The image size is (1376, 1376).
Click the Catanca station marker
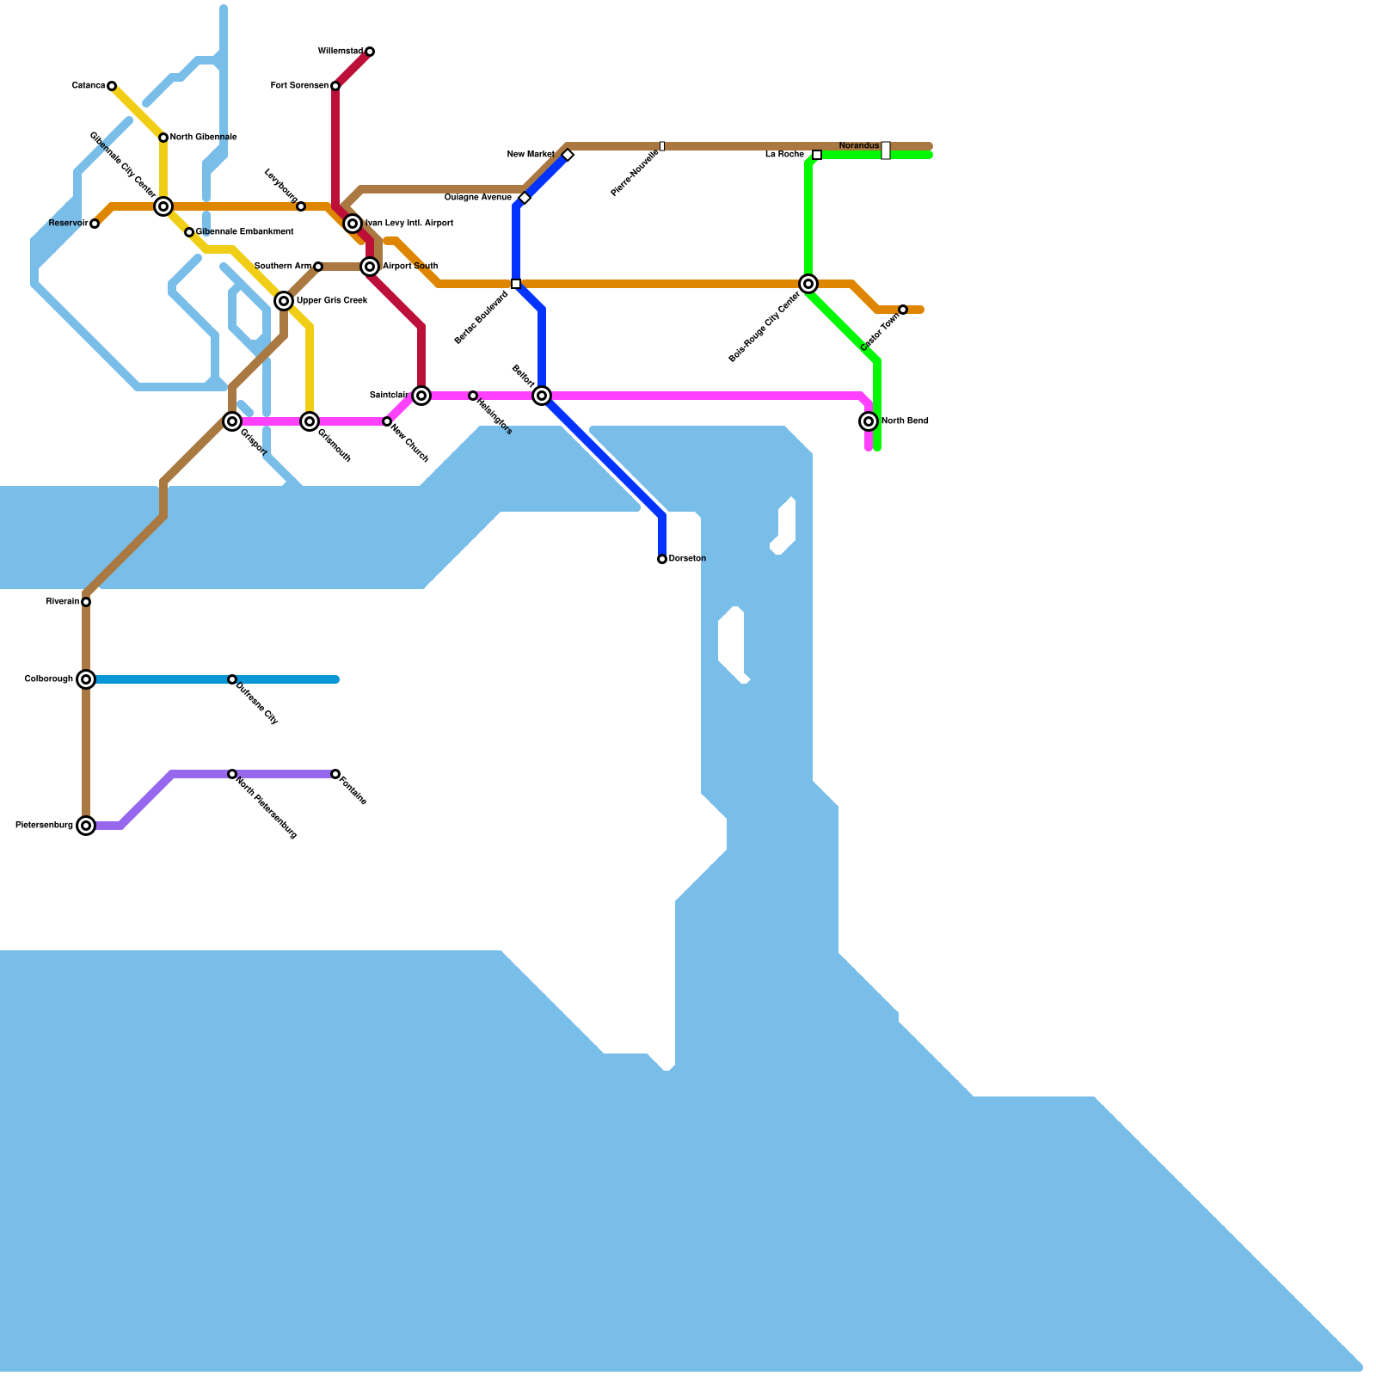point(112,86)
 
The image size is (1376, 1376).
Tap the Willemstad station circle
point(370,52)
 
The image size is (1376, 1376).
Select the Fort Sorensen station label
point(299,86)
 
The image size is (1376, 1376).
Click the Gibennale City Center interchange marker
point(163,206)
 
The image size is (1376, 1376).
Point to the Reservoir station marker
point(95,224)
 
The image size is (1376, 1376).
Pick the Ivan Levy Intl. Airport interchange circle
point(353,224)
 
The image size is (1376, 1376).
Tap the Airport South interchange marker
point(370,267)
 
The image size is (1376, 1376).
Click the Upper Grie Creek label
point(332,301)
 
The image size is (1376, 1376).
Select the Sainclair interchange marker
point(421,396)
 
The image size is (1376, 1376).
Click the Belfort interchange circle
point(542,396)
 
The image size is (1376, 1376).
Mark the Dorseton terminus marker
point(662,559)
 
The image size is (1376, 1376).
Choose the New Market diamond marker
point(568,155)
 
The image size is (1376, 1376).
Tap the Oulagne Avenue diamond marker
point(525,198)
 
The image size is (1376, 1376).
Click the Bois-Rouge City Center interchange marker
point(808,284)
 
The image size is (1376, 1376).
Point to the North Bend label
point(905,421)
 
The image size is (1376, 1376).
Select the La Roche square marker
point(817,155)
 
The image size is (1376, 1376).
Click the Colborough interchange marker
point(86,679)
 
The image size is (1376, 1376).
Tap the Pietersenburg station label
point(44,826)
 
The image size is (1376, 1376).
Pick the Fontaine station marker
point(335,774)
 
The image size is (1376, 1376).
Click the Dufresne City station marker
point(232,679)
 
